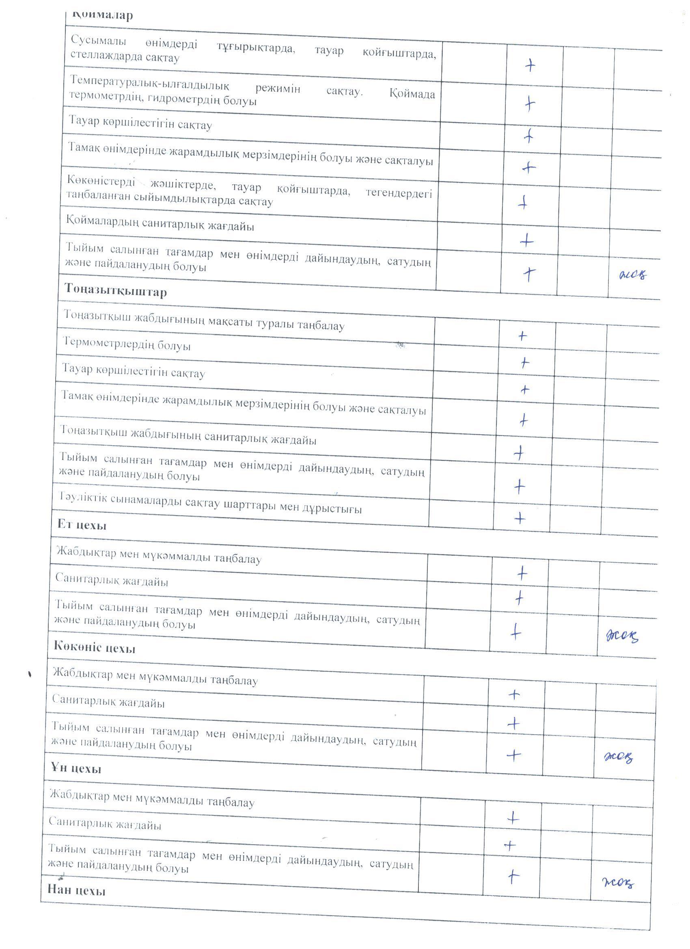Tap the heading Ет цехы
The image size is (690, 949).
82,525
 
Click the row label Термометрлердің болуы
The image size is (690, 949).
126,345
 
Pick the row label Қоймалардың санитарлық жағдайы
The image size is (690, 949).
160,225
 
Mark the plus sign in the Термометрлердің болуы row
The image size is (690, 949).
524,362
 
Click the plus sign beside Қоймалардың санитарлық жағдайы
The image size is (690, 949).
527,241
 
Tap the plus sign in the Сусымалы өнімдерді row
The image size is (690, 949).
530,65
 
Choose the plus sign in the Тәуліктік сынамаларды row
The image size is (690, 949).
520,519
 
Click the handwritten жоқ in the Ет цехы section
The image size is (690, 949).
622,637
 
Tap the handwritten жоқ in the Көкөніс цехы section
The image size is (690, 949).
619,757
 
